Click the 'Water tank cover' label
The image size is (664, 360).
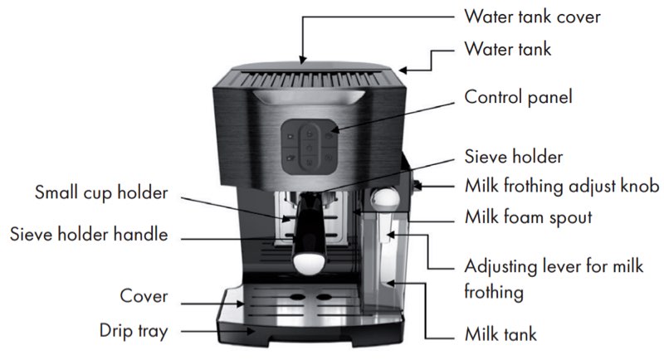pos(532,17)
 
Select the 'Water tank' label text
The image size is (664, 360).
pos(508,49)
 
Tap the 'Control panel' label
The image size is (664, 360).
pos(518,97)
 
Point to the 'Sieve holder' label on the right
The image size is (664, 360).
pos(514,157)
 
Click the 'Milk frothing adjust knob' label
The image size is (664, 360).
pos(562,186)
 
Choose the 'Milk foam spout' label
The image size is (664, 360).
pos(528,217)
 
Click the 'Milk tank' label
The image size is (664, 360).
pos(500,334)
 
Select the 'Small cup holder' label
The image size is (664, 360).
pos(101,192)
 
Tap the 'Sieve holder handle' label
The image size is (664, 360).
pos(89,235)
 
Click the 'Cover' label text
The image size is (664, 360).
pos(144,296)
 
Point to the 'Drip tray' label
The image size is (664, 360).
pos(134,331)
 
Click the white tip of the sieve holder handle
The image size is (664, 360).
pos(309,264)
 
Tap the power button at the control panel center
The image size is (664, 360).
pos(310,148)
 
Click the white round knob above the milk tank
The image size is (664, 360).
pos(385,198)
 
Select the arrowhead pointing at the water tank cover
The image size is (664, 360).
pos(302,60)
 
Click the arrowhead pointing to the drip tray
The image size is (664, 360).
pos(251,331)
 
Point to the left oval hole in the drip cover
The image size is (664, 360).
pos(297,297)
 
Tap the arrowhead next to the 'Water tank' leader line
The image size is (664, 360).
pos(403,71)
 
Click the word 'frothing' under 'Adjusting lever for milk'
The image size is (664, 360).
pos(494,292)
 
